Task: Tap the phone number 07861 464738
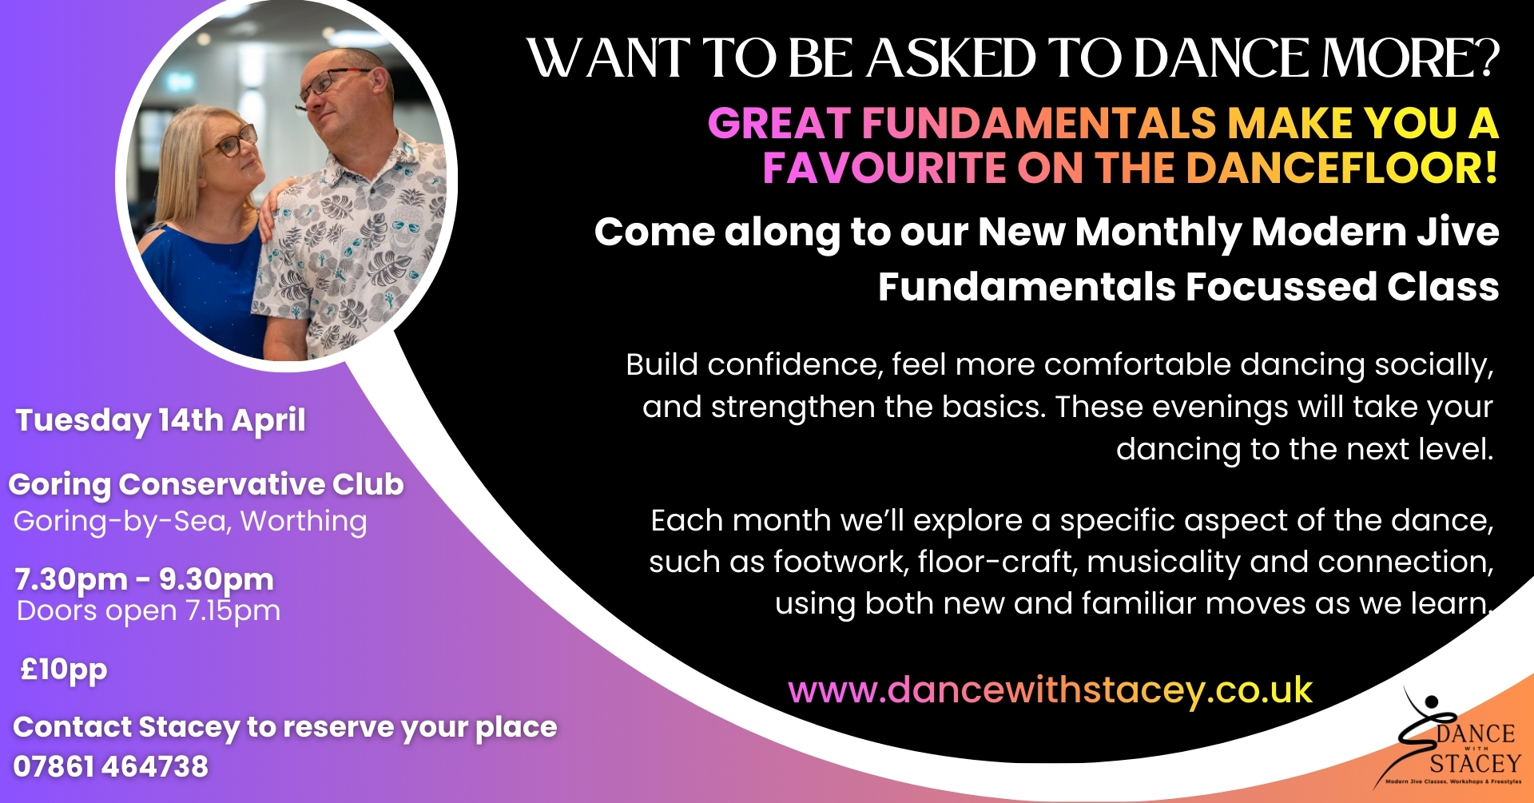pyautogui.click(x=111, y=767)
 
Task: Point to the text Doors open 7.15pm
pyautogui.click(x=149, y=611)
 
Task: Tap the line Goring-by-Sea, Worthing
pyautogui.click(x=190, y=522)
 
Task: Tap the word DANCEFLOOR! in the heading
pyautogui.click(x=1341, y=169)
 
